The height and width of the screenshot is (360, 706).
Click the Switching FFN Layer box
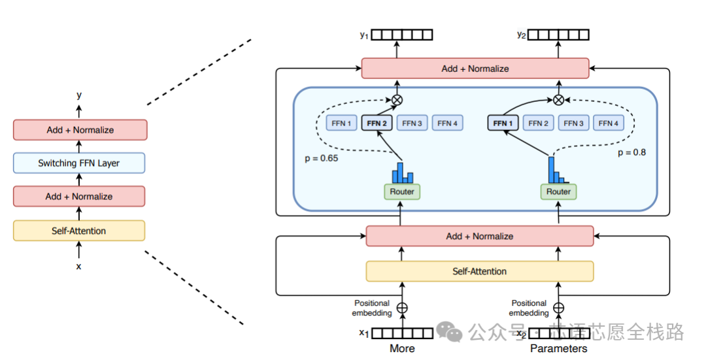pyautogui.click(x=79, y=163)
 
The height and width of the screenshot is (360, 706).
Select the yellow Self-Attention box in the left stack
pyautogui.click(x=79, y=231)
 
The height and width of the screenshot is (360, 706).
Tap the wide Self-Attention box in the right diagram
pyautogui.click(x=479, y=271)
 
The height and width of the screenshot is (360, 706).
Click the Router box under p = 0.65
pyautogui.click(x=402, y=191)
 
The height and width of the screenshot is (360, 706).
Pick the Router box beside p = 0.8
pyautogui.click(x=558, y=191)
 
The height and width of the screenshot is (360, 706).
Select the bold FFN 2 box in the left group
pyautogui.click(x=377, y=123)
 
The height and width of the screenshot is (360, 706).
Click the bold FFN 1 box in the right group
pyautogui.click(x=503, y=123)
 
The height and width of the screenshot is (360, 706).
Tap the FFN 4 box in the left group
pyautogui.click(x=448, y=123)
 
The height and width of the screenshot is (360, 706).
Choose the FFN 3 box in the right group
pyautogui.click(x=574, y=123)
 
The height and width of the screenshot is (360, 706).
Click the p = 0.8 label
pyautogui.click(x=631, y=152)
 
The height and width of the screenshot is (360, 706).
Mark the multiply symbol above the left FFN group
pyautogui.click(x=396, y=100)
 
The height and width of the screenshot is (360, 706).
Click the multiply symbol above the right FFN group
pyautogui.click(x=558, y=100)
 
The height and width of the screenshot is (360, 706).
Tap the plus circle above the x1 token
pyautogui.click(x=402, y=308)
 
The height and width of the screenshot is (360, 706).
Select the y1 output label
pyautogui.click(x=364, y=35)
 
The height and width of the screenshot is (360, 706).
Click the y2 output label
pyautogui.click(x=521, y=35)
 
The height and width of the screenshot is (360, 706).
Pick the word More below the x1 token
pyautogui.click(x=402, y=348)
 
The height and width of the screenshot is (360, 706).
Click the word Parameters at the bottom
pyautogui.click(x=558, y=348)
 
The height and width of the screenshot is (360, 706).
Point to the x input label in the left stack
pyautogui.click(x=79, y=267)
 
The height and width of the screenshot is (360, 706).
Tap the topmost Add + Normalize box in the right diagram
pyautogui.click(x=475, y=69)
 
